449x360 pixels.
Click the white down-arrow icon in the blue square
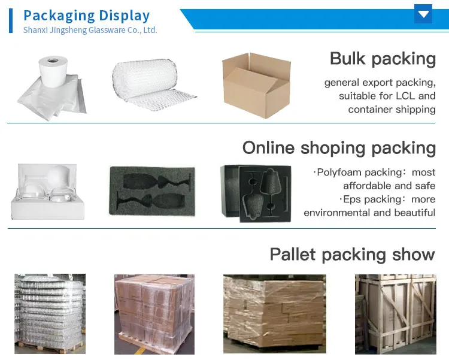click(423, 14)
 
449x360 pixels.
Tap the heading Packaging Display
click(86, 15)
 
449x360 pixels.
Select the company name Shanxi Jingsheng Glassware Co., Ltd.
click(90, 30)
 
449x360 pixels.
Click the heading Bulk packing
click(383, 59)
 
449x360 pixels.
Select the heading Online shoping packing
click(339, 148)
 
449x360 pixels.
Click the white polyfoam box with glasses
click(47, 191)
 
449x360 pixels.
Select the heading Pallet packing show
click(352, 254)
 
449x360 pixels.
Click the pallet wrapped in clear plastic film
click(50, 313)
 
